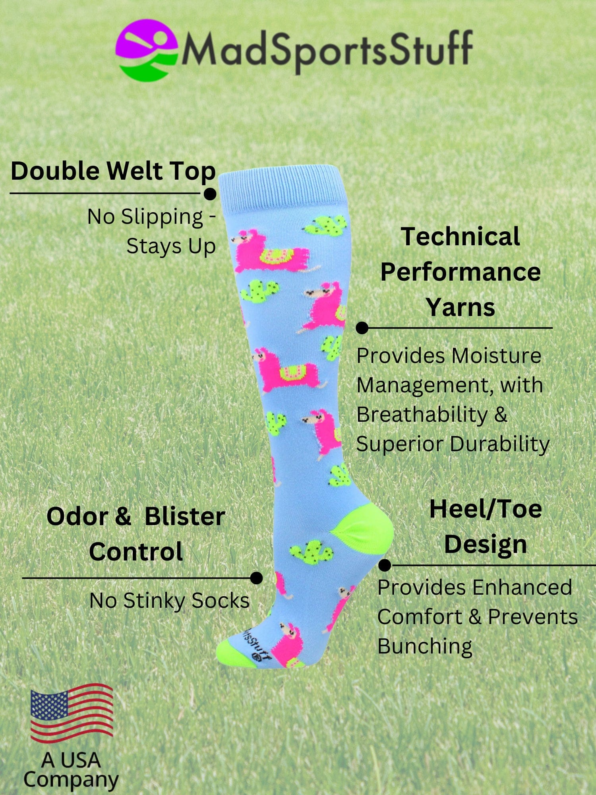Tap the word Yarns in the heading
tap(461, 307)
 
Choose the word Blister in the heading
tap(185, 517)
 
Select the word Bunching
tap(425, 646)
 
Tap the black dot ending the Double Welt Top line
tap(210, 194)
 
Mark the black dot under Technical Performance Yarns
tap(362, 328)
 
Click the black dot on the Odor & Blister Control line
tap(257, 578)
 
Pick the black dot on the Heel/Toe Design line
tap(385, 565)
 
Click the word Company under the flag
tap(71, 780)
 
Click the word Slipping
tap(162, 217)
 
